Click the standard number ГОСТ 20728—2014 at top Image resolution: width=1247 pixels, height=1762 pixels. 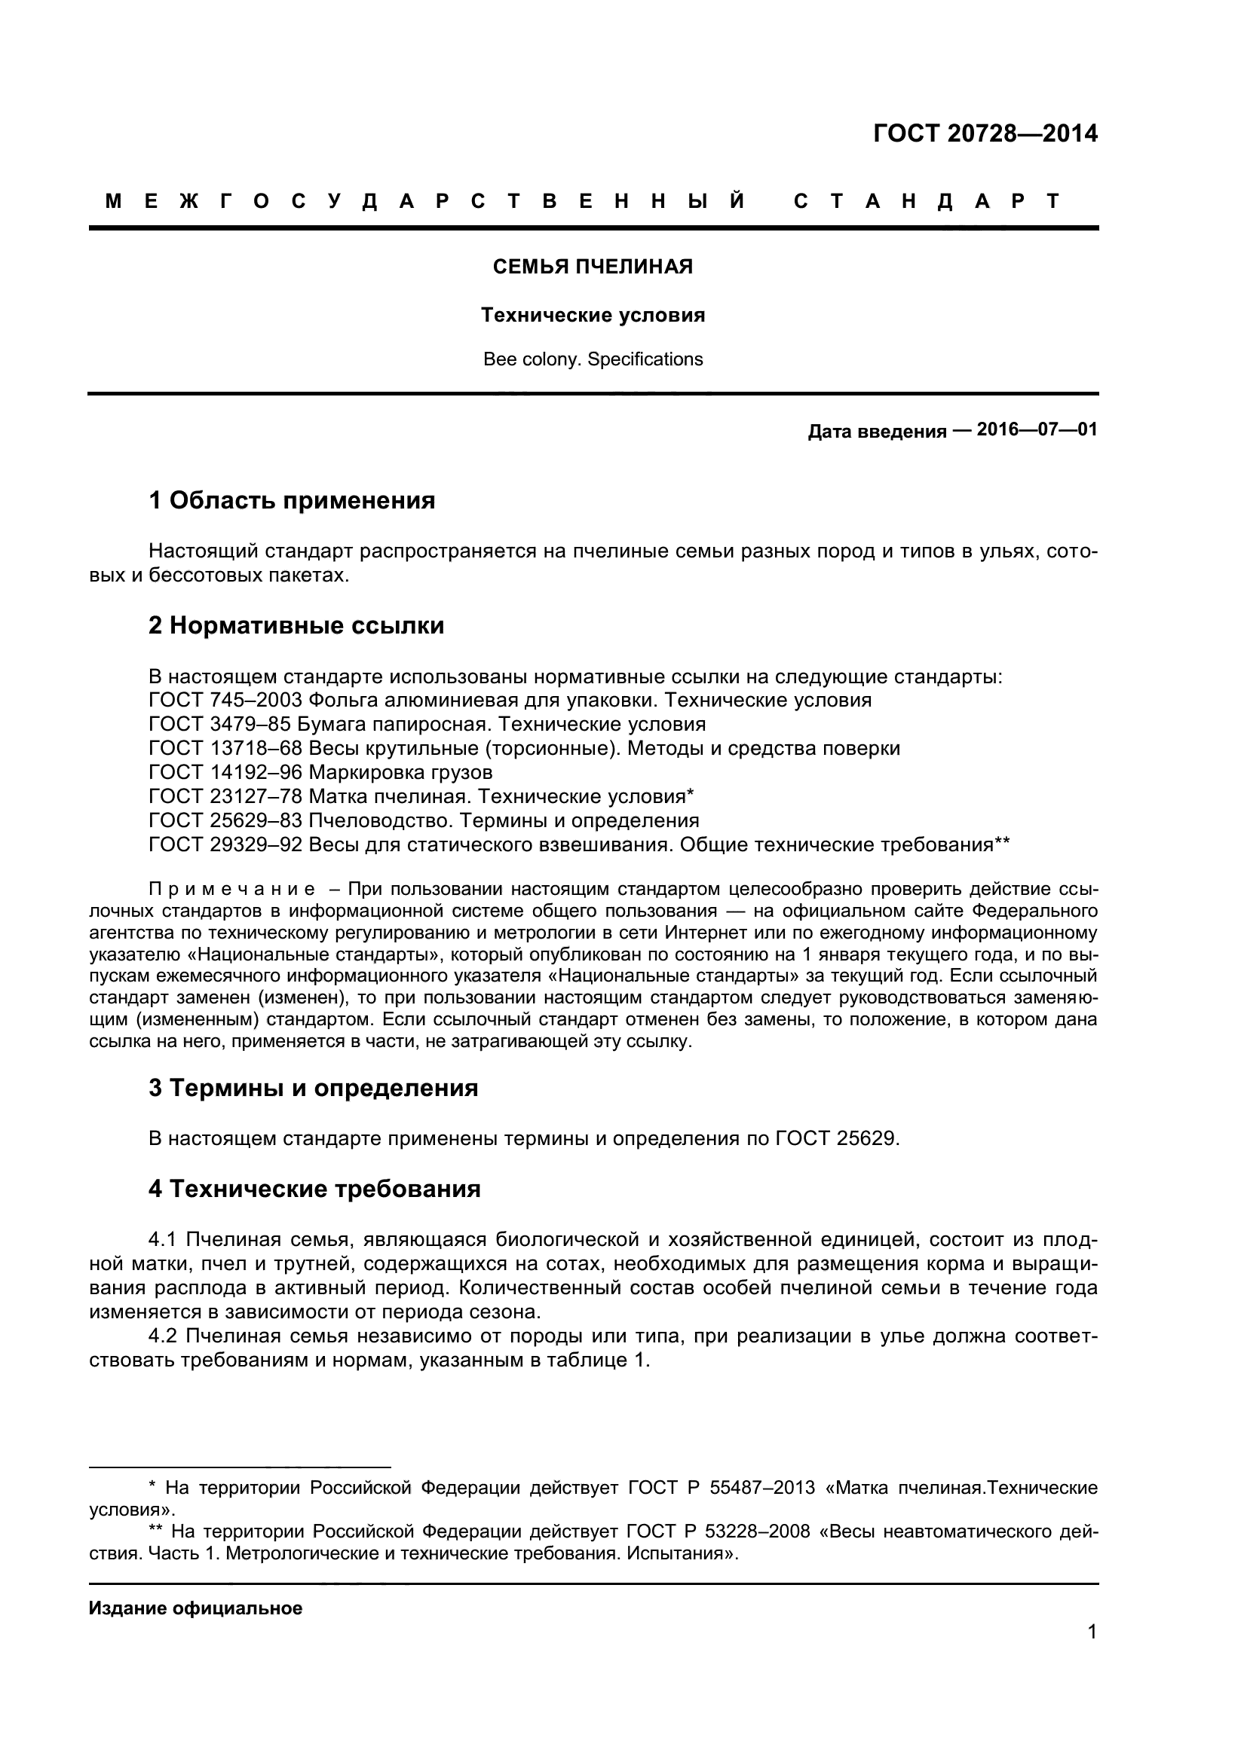pyautogui.click(x=985, y=133)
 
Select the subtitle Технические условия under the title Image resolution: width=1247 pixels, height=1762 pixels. pyautogui.click(x=593, y=316)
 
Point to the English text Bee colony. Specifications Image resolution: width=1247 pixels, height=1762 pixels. pyautogui.click(x=593, y=359)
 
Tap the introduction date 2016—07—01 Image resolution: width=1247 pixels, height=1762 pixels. pyautogui.click(x=1037, y=429)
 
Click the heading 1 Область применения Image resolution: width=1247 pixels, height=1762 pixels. pyautogui.click(x=292, y=500)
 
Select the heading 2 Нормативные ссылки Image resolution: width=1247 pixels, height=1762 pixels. pyautogui.click(x=296, y=625)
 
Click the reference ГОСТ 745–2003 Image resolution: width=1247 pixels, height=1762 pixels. pyautogui.click(x=226, y=700)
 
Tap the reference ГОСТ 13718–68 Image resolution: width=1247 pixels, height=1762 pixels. pyautogui.click(x=226, y=748)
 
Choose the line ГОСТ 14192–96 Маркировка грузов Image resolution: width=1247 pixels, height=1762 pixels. pyautogui.click(x=320, y=772)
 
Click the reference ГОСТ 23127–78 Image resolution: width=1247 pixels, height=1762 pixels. pyautogui.click(x=226, y=795)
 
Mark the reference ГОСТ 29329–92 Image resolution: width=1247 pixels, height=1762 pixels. pyautogui.click(x=226, y=844)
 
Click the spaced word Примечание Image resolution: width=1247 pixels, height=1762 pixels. pyautogui.click(x=232, y=890)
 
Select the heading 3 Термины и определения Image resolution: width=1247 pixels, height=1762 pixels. pyautogui.click(x=314, y=1089)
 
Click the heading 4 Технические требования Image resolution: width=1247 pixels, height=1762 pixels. pyautogui.click(x=315, y=1189)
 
